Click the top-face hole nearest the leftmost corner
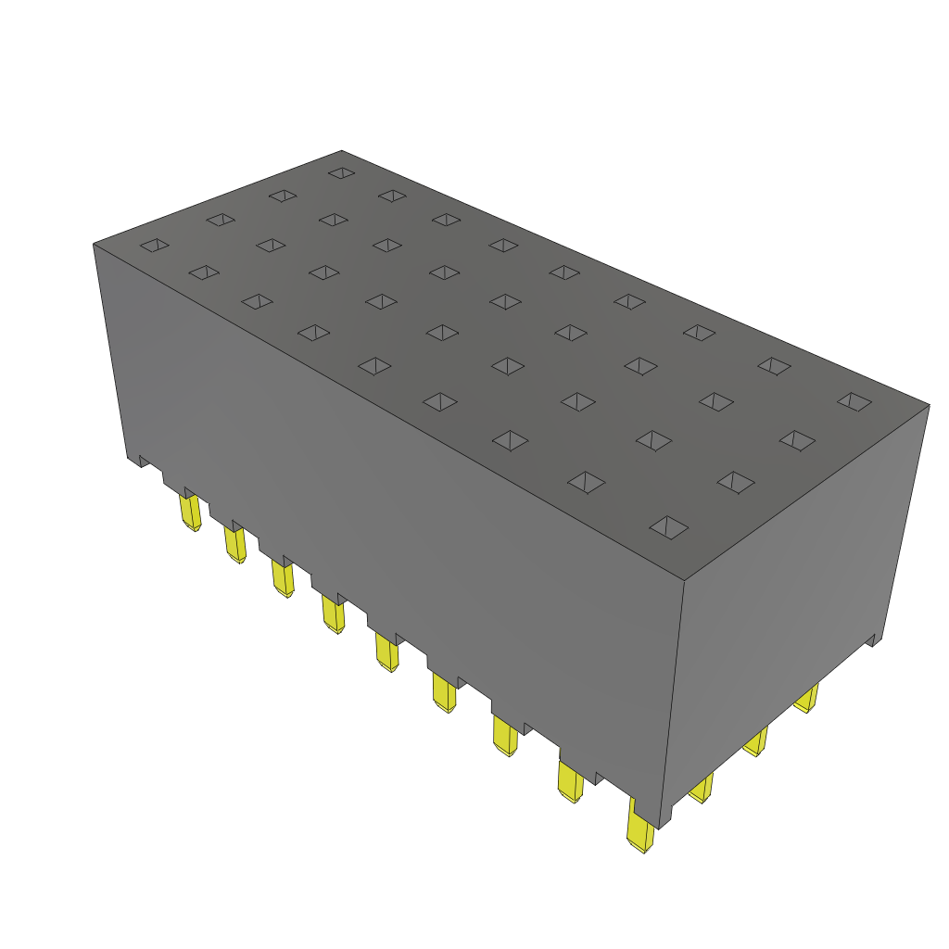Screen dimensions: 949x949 point(155,245)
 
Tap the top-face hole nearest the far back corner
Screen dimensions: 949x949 point(341,172)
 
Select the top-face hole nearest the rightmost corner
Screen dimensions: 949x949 point(854,401)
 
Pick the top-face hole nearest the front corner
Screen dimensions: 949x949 point(669,527)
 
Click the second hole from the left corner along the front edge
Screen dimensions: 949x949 point(203,272)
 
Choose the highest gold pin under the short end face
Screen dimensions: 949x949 point(807,698)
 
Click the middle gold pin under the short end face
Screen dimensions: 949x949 point(756,741)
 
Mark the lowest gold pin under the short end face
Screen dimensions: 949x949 point(701,788)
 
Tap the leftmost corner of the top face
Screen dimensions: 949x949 point(94,244)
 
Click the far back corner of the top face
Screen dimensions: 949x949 point(341,150)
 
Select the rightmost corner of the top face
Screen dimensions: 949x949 point(929,404)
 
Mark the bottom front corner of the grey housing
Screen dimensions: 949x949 point(660,828)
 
